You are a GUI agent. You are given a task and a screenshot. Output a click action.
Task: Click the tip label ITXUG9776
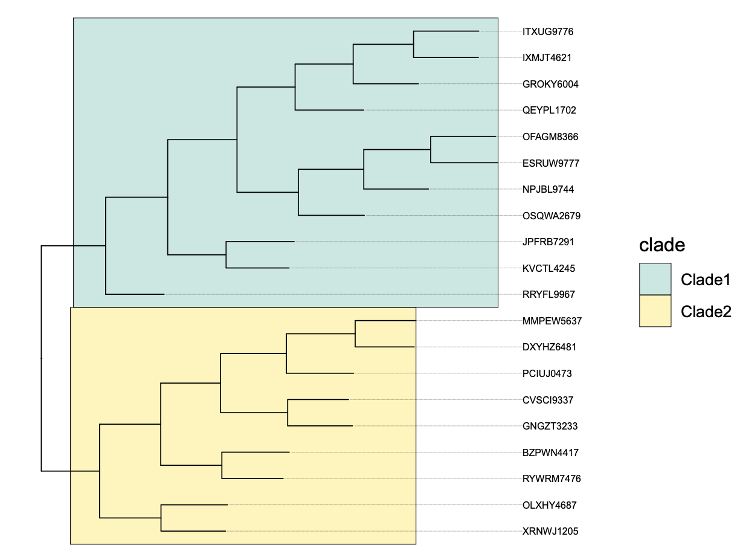[x=548, y=31]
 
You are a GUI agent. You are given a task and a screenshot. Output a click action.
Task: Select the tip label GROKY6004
[x=550, y=84]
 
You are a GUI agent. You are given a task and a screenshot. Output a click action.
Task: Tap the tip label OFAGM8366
[x=550, y=137]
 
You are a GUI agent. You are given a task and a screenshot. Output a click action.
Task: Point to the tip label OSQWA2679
[x=552, y=216]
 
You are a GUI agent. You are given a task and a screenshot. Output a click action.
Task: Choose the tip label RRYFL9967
[x=548, y=295]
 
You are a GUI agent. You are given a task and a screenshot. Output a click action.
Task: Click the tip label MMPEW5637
[x=552, y=321]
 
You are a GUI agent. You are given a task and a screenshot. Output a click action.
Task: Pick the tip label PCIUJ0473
[x=547, y=373]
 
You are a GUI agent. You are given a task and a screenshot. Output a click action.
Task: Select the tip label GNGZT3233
[x=550, y=426]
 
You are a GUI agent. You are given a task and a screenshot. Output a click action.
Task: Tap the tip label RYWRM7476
[x=552, y=478]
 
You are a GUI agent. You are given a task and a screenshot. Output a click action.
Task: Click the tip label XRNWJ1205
[x=550, y=532]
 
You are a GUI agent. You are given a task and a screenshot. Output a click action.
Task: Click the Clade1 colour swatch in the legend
[x=655, y=279]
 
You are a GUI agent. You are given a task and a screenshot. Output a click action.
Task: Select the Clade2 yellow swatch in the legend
[x=655, y=311]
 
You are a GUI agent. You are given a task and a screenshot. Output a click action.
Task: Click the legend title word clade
[x=662, y=245]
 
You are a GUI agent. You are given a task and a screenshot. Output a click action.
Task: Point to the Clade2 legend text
[x=706, y=311]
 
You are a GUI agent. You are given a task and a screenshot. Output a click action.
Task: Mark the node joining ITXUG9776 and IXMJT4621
[x=414, y=44]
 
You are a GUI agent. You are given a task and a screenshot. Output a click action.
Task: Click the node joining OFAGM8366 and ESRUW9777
[x=431, y=150]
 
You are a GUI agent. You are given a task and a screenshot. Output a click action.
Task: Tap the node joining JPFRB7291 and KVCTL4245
[x=226, y=255]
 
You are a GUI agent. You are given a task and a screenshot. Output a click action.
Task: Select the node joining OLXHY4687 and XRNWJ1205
[x=161, y=518]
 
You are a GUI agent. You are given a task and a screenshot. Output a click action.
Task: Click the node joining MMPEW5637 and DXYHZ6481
[x=355, y=333]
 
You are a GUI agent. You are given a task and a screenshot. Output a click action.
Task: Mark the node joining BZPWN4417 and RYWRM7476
[x=222, y=465]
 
